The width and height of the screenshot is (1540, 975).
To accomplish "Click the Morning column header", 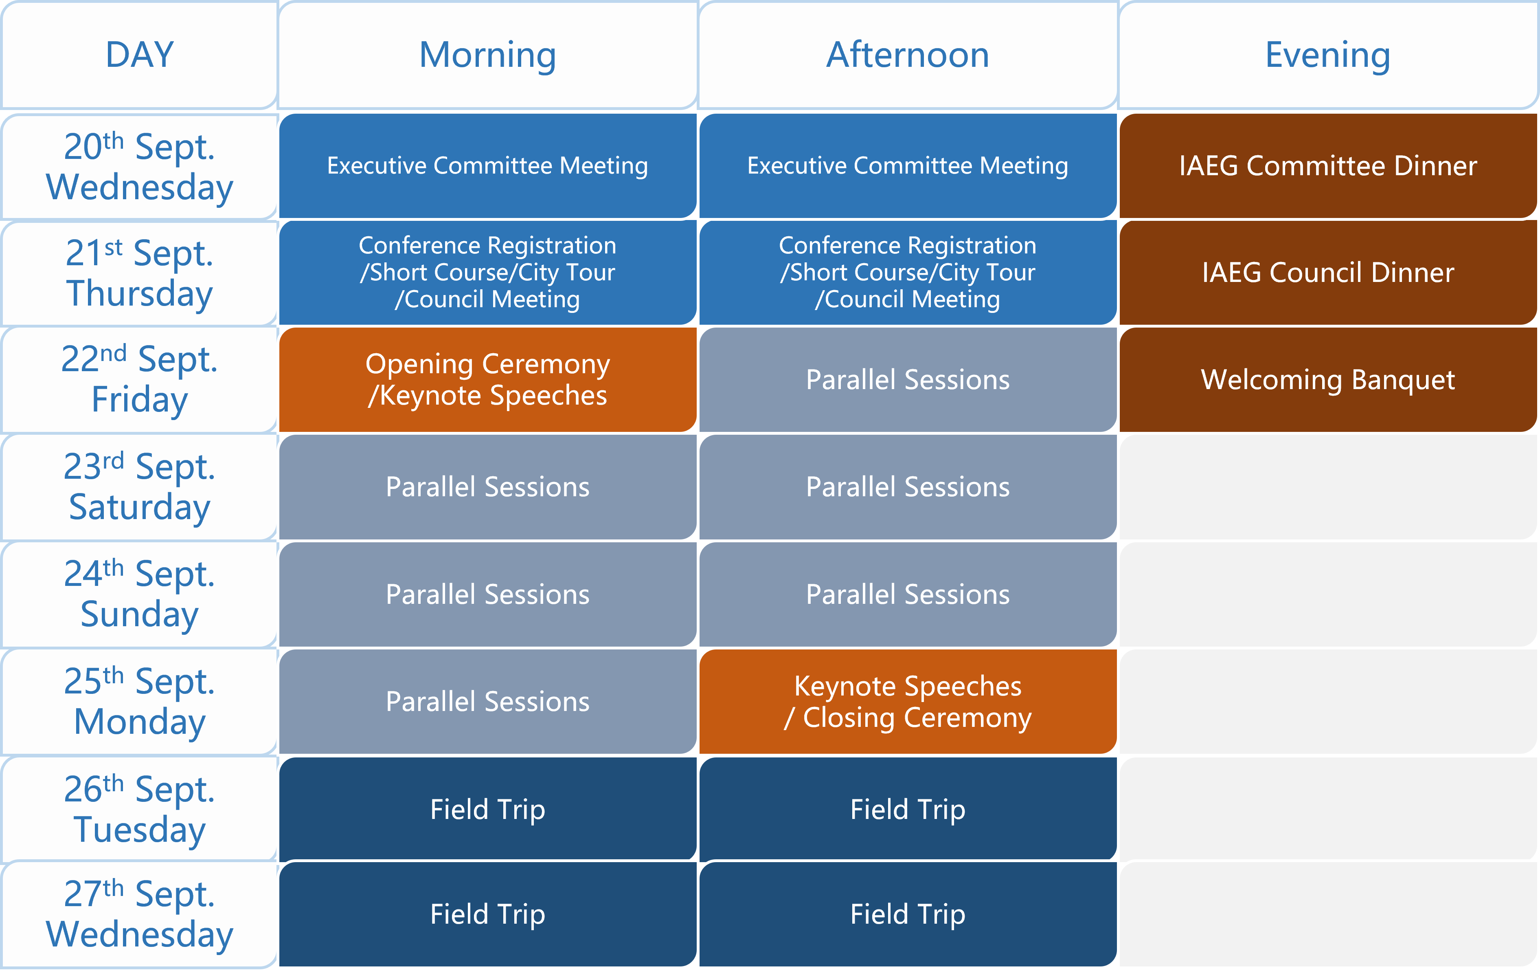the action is point(487,55).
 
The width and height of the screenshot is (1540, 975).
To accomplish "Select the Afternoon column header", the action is point(908,55).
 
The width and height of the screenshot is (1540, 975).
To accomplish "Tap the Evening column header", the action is point(1328,55).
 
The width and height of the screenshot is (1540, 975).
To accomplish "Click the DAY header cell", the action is point(139,55).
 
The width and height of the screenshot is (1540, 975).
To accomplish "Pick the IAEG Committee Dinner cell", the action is point(1328,166).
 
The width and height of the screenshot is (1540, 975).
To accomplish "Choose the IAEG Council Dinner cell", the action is point(1328,273).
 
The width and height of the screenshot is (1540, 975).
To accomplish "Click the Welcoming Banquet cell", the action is point(1328,379).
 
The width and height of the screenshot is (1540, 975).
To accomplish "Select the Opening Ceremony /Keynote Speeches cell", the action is point(487,379).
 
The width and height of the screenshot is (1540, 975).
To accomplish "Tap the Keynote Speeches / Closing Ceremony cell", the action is point(908,702).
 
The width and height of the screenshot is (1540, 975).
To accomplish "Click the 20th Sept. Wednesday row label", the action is point(139,166).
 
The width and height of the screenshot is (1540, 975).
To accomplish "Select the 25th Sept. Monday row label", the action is point(139,702).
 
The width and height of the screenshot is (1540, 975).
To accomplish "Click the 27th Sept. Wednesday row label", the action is point(139,914).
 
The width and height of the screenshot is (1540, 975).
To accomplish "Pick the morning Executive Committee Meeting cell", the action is point(487,166).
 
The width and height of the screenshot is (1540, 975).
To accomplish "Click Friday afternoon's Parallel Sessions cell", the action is point(908,379).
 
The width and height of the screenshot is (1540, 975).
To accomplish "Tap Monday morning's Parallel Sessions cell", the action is point(487,702).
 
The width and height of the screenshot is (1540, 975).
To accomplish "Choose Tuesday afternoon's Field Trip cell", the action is point(908,809).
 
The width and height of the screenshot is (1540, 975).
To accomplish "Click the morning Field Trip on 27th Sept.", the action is point(487,914).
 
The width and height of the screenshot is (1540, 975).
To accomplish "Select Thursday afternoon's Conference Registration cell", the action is point(908,273).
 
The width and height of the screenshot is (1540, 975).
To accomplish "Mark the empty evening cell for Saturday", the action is point(1328,487).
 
